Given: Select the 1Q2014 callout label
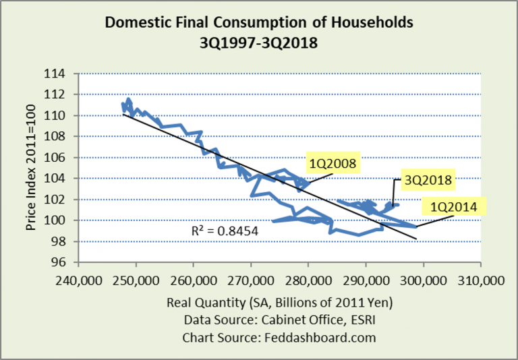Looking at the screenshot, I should click(450, 207).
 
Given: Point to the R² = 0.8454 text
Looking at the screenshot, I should click(224, 231).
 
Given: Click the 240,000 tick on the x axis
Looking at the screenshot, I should click(78, 278).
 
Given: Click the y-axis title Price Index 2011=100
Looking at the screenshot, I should click(31, 169).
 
